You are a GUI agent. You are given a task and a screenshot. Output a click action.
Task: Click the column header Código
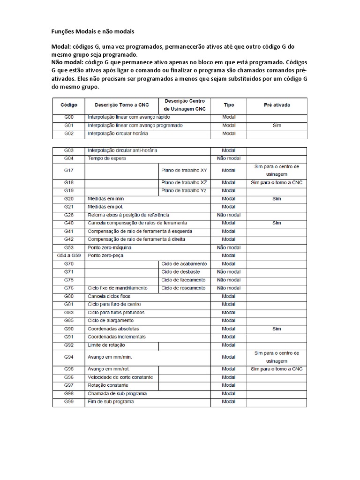coord(68,105)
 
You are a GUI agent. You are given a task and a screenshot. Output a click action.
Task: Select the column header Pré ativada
coord(276,105)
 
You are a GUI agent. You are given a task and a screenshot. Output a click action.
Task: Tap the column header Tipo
coord(229,105)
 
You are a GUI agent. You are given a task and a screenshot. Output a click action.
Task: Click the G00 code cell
coord(68,118)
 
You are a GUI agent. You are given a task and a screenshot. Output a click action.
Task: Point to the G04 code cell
coord(68,158)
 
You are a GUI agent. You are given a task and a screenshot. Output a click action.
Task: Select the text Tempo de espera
coord(107,158)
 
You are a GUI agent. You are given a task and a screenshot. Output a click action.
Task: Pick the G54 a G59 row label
coord(68,255)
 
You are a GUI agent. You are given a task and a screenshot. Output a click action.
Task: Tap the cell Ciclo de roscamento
coord(183,288)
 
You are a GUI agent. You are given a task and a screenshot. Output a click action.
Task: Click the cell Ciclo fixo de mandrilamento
coord(118,288)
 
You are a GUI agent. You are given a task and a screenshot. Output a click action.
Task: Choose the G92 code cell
coord(68,345)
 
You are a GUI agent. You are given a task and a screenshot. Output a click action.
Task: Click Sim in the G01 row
coord(276,126)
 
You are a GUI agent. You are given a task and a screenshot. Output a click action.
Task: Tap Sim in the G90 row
coord(276,329)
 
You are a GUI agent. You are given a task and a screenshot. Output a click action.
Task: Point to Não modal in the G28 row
coord(229,215)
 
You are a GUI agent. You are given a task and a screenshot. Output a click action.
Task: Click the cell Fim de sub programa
coord(111,402)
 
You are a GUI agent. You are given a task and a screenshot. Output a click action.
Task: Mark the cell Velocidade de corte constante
coord(120,377)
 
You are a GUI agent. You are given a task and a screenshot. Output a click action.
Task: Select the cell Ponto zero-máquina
coord(110,247)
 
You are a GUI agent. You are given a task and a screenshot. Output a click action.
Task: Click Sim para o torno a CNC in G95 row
coord(277,369)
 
